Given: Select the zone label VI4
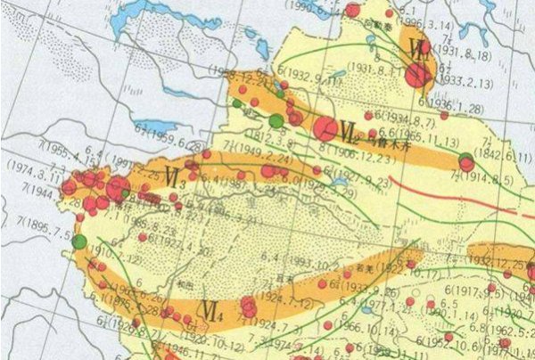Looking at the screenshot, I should pyautogui.click(x=212, y=311).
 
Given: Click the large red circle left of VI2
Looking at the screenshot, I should pyautogui.click(x=325, y=130).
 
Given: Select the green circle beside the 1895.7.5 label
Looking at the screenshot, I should pyautogui.click(x=80, y=241).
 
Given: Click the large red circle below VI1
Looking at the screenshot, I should pyautogui.click(x=416, y=76).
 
